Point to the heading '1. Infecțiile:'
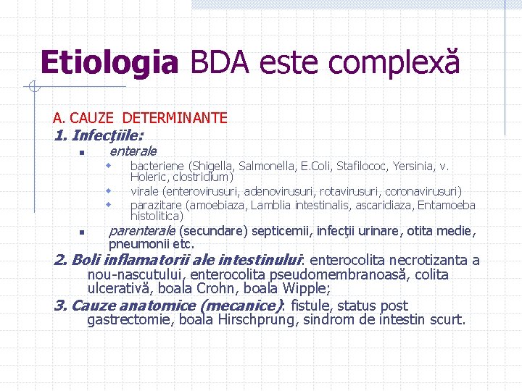click(99, 135)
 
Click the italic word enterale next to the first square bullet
click(133, 151)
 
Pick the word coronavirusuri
click(423, 192)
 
